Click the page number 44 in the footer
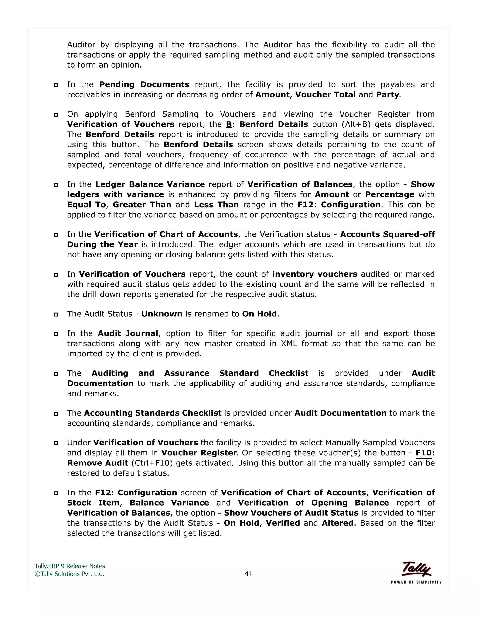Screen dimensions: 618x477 click(x=248, y=574)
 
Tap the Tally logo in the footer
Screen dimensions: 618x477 click(x=416, y=569)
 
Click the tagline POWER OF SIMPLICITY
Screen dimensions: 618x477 click(x=416, y=582)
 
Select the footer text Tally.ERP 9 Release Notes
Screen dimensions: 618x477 click(x=70, y=566)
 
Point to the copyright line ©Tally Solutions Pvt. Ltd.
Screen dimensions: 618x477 click(x=69, y=574)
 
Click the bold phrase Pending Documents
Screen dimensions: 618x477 click(x=144, y=85)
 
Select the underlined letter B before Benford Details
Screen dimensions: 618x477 click(x=229, y=125)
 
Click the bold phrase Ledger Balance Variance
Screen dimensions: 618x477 click(x=150, y=184)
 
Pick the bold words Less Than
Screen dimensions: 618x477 click(x=216, y=205)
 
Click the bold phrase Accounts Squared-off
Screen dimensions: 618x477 click(x=387, y=234)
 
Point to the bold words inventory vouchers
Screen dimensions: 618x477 click(x=314, y=274)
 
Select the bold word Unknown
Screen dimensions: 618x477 click(x=162, y=314)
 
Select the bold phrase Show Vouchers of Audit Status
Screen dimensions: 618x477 click(x=291, y=513)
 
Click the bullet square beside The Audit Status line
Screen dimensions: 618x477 click(x=56, y=314)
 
